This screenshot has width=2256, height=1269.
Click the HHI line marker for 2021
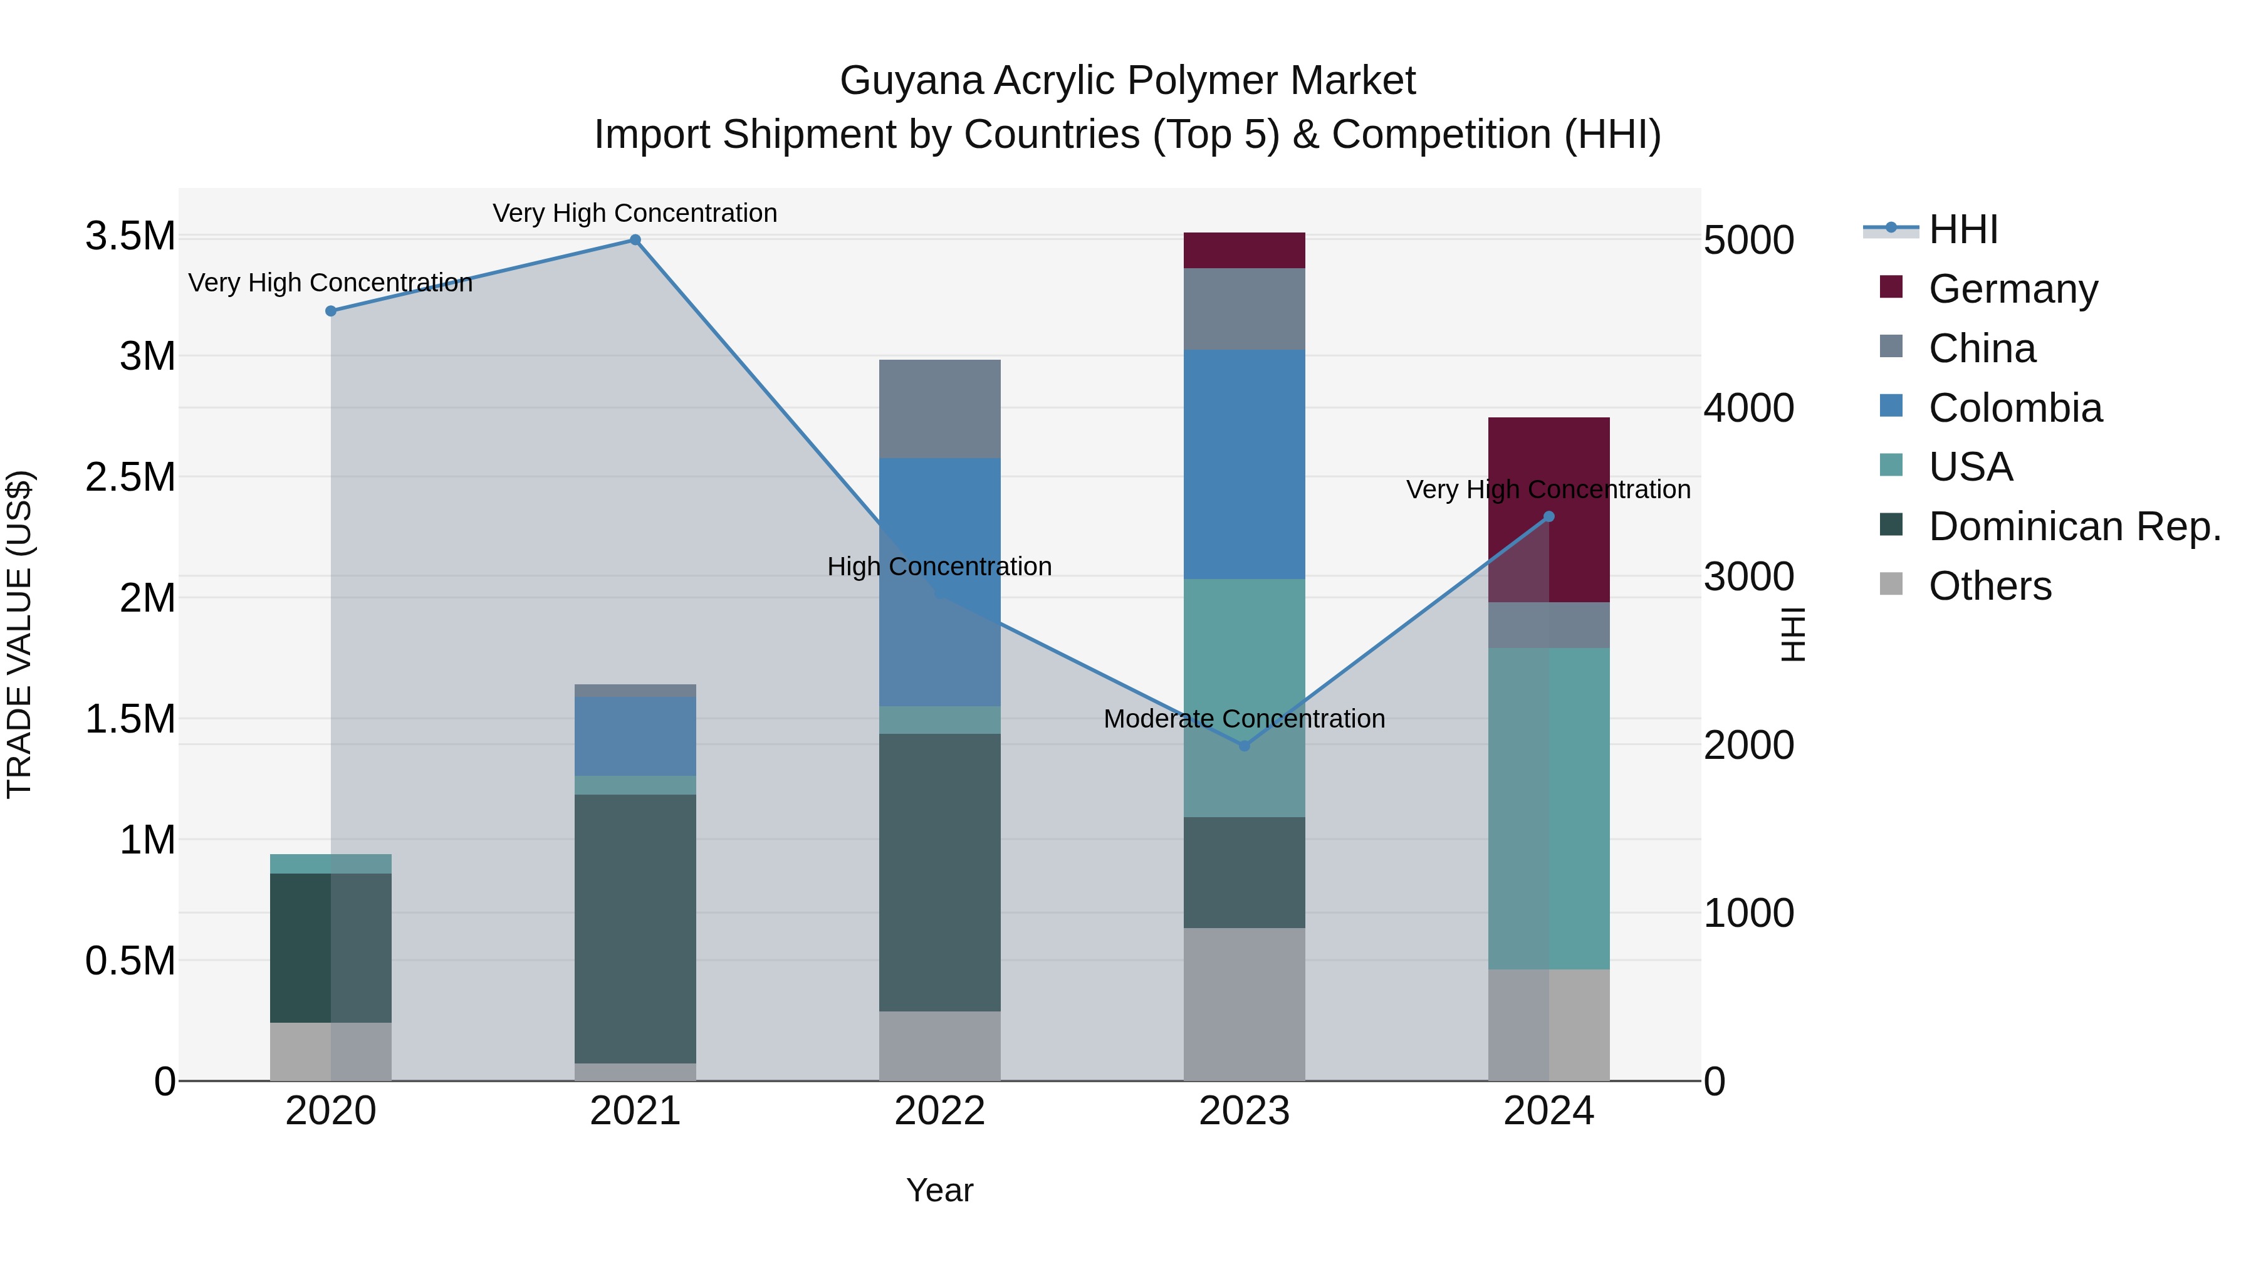(x=635, y=240)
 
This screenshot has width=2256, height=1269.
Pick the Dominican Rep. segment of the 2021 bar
(x=635, y=928)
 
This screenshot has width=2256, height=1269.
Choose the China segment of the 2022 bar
(x=940, y=408)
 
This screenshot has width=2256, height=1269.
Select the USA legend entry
(x=1970, y=467)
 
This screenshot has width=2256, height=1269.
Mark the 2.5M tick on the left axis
(x=130, y=478)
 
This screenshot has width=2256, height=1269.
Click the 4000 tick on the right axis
(x=1748, y=408)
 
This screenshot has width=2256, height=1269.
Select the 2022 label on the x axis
(x=940, y=1111)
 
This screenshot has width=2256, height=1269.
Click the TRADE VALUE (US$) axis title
(x=19, y=634)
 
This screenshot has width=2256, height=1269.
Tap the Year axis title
(x=940, y=1190)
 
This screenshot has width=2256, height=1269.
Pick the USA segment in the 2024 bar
(x=1548, y=808)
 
